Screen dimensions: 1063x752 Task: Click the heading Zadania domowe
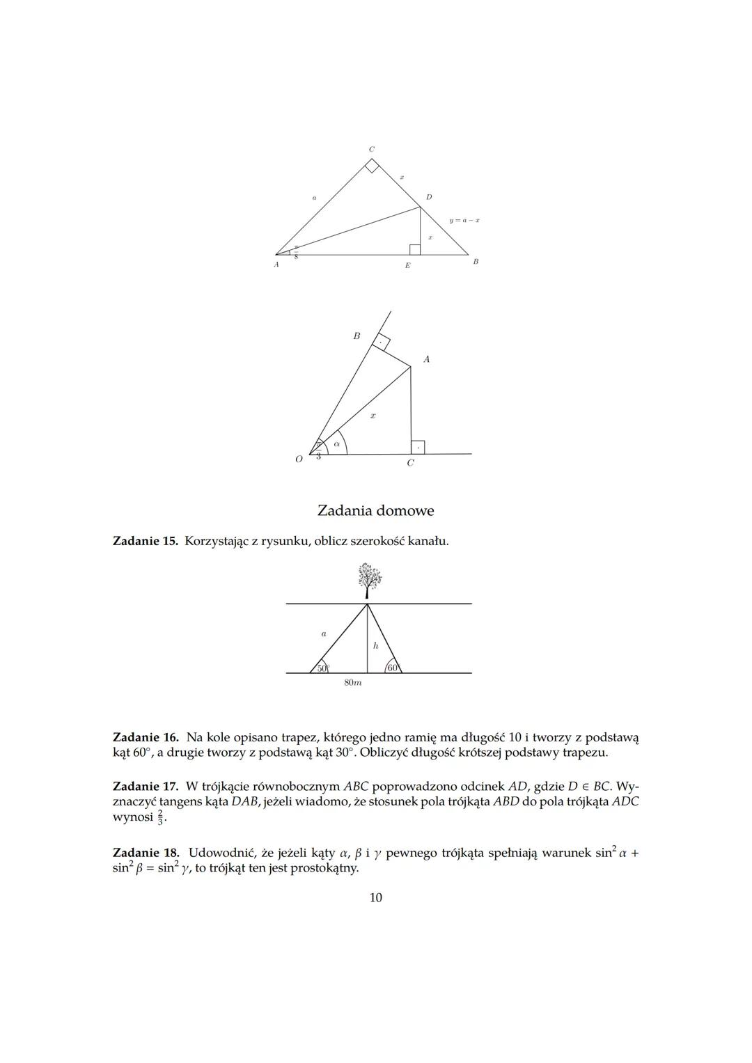pyautogui.click(x=375, y=510)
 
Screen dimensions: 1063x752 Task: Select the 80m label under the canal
pyautogui.click(x=353, y=683)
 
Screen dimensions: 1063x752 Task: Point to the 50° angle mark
pyautogui.click(x=322, y=668)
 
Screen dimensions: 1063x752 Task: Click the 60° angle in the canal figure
pyautogui.click(x=393, y=668)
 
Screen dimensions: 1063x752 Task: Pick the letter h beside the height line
pyautogui.click(x=375, y=645)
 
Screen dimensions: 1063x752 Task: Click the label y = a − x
pyautogui.click(x=464, y=220)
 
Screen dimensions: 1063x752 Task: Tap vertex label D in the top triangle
pyautogui.click(x=429, y=197)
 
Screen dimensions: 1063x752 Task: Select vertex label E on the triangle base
pyautogui.click(x=407, y=265)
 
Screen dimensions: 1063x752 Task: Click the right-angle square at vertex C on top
pyautogui.click(x=373, y=166)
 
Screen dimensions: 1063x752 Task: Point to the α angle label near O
pyautogui.click(x=336, y=443)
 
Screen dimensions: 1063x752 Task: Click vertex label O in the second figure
pyautogui.click(x=299, y=459)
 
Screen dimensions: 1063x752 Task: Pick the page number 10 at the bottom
pyautogui.click(x=375, y=897)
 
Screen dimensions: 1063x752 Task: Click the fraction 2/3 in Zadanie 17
pyautogui.click(x=160, y=817)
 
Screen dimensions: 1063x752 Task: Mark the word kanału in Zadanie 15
pyautogui.click(x=429, y=540)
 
